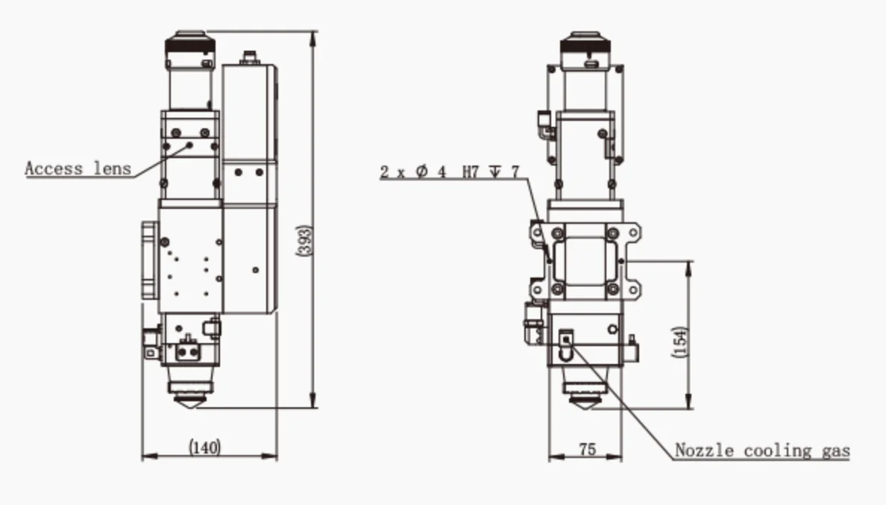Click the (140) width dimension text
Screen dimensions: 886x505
click(x=204, y=448)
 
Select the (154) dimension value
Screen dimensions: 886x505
click(x=679, y=342)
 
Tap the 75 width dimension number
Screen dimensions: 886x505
click(x=587, y=450)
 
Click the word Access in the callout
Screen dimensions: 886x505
click(x=54, y=169)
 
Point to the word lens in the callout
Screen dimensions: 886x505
click(x=112, y=169)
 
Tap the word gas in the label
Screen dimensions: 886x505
click(x=836, y=451)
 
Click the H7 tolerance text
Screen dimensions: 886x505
click(x=471, y=171)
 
